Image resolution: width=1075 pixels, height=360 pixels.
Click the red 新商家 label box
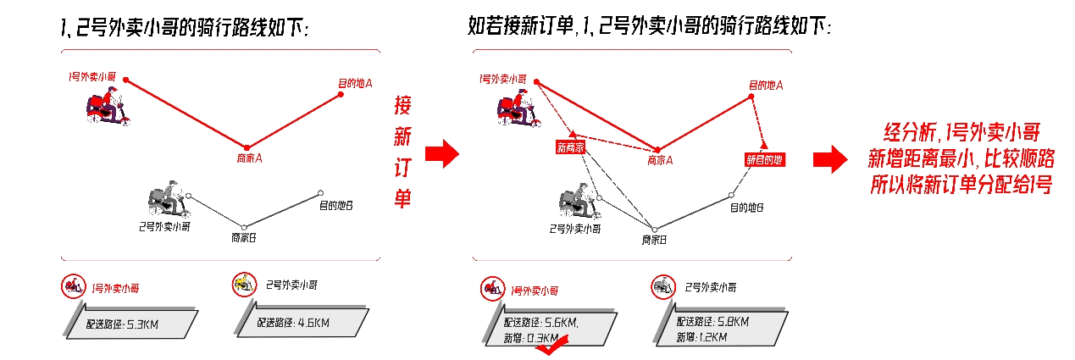pos(570,147)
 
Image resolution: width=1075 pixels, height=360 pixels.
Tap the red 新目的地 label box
pos(765,158)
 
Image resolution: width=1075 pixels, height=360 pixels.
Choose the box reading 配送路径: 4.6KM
pos(303,322)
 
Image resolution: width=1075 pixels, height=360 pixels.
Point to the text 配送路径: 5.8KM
pos(712,322)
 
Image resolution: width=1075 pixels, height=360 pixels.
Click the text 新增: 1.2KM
pos(701,338)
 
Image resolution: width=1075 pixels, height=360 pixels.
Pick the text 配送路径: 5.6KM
pos(540,322)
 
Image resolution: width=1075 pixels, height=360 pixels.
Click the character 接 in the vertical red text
pos(403,106)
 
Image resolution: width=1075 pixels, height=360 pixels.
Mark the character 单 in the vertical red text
pos(403,198)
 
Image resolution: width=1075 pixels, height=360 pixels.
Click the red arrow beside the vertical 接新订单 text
pos(441,153)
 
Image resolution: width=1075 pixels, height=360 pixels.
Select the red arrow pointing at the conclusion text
pos(829,158)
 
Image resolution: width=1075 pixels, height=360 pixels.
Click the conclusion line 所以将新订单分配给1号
pos(961,186)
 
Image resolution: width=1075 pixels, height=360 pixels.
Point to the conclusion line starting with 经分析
pos(961,132)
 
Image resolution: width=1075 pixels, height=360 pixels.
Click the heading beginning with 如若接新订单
pos(650,26)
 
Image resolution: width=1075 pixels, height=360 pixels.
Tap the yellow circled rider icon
pos(244,285)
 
